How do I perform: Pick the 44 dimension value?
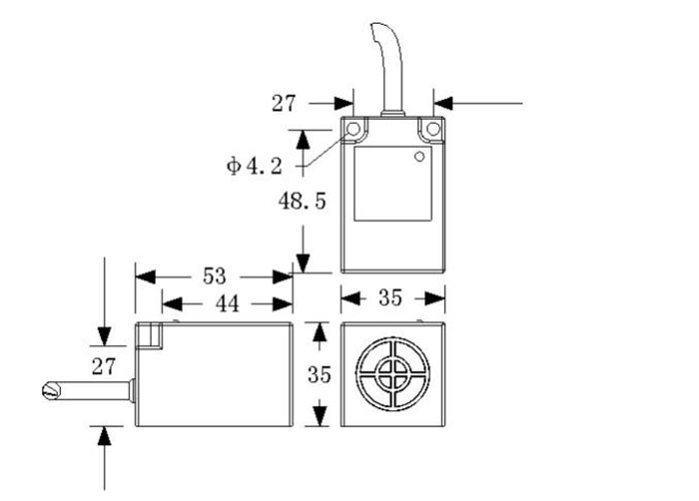(x=228, y=304)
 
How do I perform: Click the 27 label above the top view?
(x=286, y=102)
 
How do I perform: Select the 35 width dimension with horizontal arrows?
(x=392, y=298)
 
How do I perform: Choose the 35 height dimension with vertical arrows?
(x=319, y=375)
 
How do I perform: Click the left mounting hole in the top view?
(x=354, y=130)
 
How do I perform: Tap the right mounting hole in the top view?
(x=432, y=130)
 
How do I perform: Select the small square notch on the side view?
(x=151, y=336)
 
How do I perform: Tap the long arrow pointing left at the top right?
(x=479, y=102)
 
